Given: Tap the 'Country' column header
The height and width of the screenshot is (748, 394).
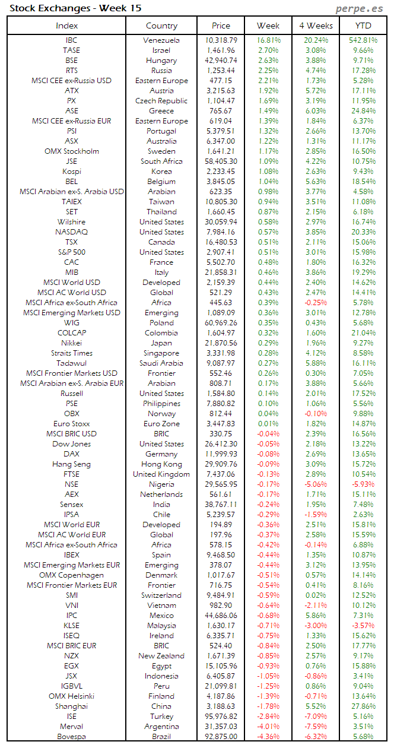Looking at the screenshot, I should click(x=161, y=26).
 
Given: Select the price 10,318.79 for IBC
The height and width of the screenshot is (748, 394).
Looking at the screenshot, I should click(x=221, y=40).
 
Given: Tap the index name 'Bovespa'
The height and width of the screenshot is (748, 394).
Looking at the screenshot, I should click(x=71, y=737).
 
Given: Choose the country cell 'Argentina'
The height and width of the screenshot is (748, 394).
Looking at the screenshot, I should click(x=161, y=727).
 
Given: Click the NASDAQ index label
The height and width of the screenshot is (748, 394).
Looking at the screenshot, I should click(x=71, y=232).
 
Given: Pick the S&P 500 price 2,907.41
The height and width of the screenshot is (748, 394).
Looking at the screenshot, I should click(x=221, y=252).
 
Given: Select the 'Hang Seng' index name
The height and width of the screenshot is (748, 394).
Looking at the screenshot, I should click(x=71, y=464).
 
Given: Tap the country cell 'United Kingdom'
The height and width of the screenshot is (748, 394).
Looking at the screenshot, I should click(x=161, y=474).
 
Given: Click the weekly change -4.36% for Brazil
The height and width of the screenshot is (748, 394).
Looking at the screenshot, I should click(x=268, y=737).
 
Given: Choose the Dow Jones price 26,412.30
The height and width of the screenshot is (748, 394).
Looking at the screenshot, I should click(x=221, y=444).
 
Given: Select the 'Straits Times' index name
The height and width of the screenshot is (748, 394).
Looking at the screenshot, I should click(x=71, y=353).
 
